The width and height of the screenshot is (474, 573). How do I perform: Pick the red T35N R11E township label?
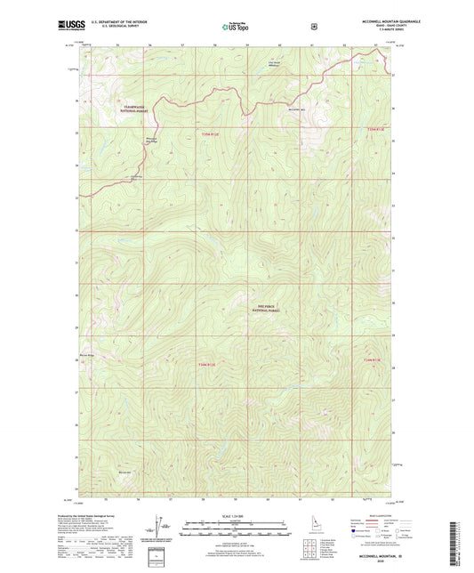205,134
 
